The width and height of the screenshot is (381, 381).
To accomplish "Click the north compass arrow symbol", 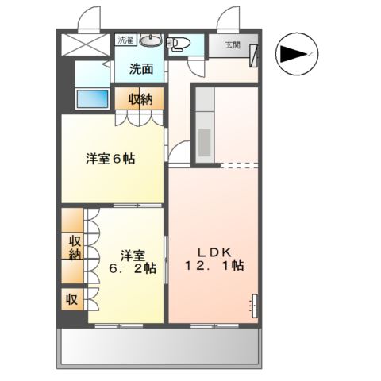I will coord(294,54).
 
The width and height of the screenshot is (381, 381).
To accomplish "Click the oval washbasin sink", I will coord(149,42).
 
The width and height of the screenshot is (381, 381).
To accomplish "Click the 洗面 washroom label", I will coord(141,69).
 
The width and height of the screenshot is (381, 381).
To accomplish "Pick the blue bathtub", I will coord(94,100).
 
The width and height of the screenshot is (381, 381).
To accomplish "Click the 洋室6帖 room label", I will coord(110,158).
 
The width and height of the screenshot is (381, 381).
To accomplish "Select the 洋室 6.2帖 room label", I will coord(133,261).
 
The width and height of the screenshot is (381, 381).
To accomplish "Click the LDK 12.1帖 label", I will coord(214,258).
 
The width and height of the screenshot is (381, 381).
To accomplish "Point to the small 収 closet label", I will coord(71,301).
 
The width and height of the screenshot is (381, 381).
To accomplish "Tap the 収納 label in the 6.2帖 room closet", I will coord(74,248).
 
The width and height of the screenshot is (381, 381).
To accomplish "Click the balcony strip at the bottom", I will coord(160,347).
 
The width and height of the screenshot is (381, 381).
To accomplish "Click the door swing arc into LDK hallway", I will coord(182,151).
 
